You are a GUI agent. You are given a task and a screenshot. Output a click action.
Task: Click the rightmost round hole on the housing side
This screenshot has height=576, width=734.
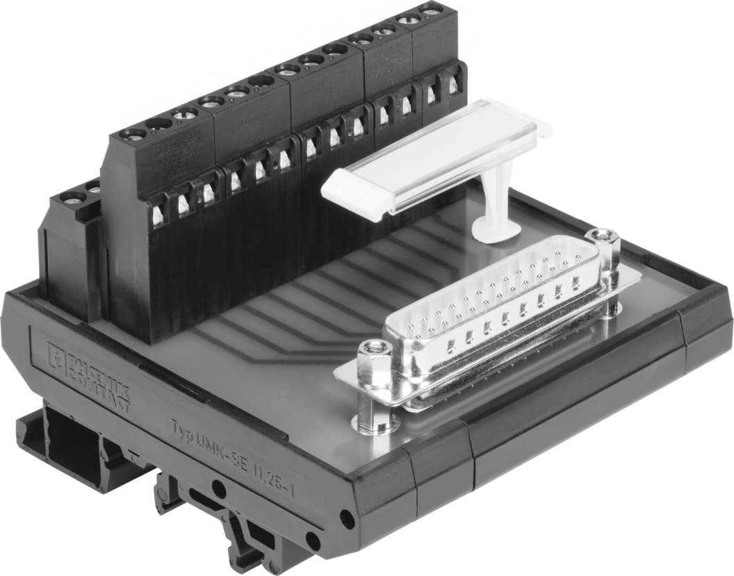pos(345,517)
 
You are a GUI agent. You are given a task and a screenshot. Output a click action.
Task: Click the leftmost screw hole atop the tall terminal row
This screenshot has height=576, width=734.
pos(133,134)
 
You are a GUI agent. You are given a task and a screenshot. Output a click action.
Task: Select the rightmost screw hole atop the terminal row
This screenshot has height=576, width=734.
pos(431,11)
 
